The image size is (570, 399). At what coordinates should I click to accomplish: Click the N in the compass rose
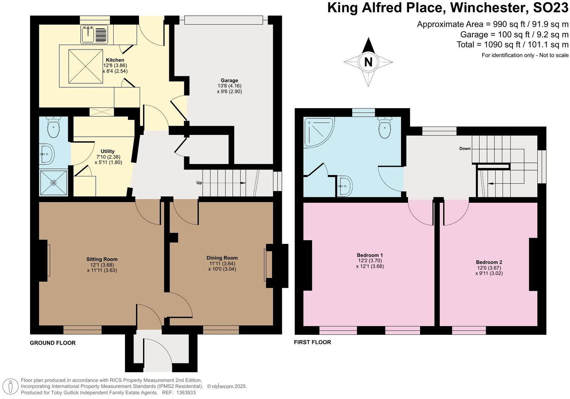point(368,62)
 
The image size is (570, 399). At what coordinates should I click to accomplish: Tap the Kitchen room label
point(115,60)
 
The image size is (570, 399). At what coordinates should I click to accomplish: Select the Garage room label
point(229,80)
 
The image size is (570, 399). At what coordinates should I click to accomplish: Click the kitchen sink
point(88,34)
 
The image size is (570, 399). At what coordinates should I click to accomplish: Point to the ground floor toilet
point(54,127)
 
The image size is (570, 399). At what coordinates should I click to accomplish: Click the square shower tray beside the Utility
point(54,182)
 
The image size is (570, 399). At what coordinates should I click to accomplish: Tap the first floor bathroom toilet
point(385,128)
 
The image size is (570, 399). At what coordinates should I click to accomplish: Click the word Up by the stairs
point(199,183)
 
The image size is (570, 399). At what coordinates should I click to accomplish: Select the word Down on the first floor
point(465,149)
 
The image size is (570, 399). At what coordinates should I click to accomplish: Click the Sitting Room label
point(102,259)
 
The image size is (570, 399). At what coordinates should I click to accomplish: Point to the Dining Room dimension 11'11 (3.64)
point(222,263)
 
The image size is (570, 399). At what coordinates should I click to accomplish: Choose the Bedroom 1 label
point(370,255)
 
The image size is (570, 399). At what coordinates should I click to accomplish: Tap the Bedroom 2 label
point(489,262)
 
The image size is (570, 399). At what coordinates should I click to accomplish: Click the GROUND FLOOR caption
point(53,343)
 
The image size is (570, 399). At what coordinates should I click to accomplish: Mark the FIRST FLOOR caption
point(312,342)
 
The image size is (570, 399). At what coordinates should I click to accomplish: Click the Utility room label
point(108,151)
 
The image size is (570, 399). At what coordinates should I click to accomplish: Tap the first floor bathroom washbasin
point(345,186)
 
